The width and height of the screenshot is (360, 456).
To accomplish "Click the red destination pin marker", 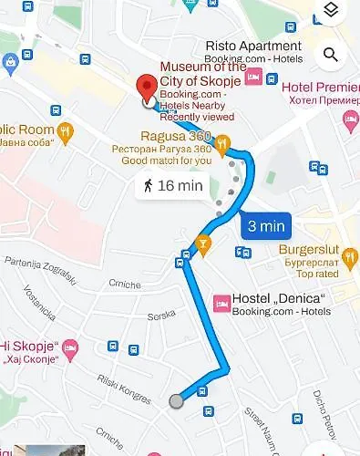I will [x=145, y=88].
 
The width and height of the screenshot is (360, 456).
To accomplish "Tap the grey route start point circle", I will [x=176, y=400].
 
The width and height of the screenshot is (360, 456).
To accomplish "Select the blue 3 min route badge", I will [x=265, y=225].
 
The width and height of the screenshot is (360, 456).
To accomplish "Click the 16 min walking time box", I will [x=171, y=186].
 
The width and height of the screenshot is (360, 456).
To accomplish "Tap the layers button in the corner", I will [x=331, y=10].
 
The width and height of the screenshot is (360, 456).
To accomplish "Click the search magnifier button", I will [x=331, y=55].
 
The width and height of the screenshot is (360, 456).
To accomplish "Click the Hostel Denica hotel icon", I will [x=220, y=301].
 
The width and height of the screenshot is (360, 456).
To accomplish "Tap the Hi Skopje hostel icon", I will [x=70, y=347].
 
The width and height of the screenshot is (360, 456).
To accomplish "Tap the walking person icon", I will [x=148, y=186].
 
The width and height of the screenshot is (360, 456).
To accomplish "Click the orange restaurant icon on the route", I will [x=202, y=243].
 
